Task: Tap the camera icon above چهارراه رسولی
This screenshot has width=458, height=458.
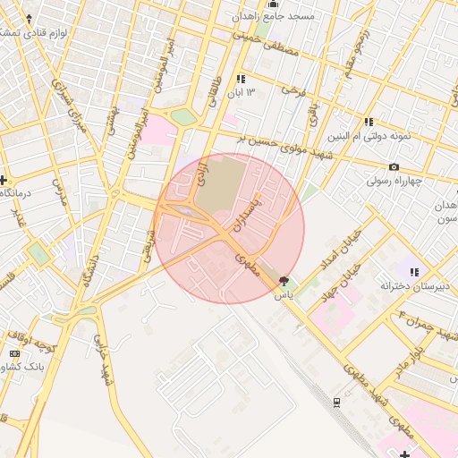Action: click(394, 167)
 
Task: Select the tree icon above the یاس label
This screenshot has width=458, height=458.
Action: click(284, 281)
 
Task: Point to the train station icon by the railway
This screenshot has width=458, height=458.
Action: click(335, 402)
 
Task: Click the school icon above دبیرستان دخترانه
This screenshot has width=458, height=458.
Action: click(413, 272)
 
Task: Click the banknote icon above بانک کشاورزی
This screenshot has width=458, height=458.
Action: click(14, 354)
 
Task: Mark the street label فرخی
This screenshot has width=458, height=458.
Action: click(292, 89)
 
